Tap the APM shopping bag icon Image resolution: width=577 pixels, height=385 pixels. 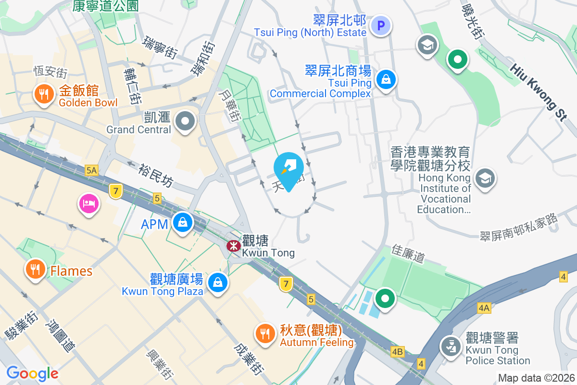pos(183,222)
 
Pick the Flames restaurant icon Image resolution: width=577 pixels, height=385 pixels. pos(35,269)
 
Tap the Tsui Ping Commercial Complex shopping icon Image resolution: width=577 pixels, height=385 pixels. pos(386,80)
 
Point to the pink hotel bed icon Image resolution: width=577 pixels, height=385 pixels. pos(88,203)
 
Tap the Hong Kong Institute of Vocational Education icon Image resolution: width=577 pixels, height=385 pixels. pos(485,179)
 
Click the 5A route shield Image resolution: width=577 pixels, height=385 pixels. pos(91,170)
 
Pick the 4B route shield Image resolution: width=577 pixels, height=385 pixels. pos(397,352)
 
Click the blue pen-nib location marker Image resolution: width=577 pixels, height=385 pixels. pos(288,169)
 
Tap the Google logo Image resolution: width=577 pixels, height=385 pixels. pos(32,373)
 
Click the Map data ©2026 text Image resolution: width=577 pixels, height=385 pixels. pos(536,378)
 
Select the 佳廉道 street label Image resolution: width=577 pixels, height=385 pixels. pos(408,253)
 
